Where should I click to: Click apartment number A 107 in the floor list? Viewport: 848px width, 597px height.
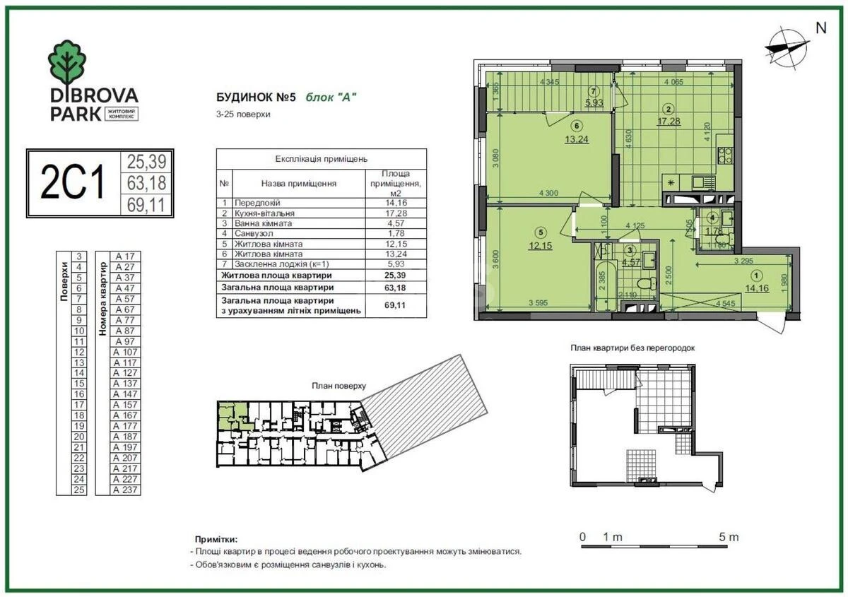point(125,352)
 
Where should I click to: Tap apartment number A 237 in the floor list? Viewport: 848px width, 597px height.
point(125,490)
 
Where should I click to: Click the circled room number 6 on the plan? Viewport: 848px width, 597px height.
point(577,126)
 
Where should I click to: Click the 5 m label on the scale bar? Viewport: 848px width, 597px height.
point(728,537)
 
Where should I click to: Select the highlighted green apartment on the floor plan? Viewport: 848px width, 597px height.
point(232,413)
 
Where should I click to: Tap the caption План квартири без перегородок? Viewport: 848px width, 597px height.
point(633,348)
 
